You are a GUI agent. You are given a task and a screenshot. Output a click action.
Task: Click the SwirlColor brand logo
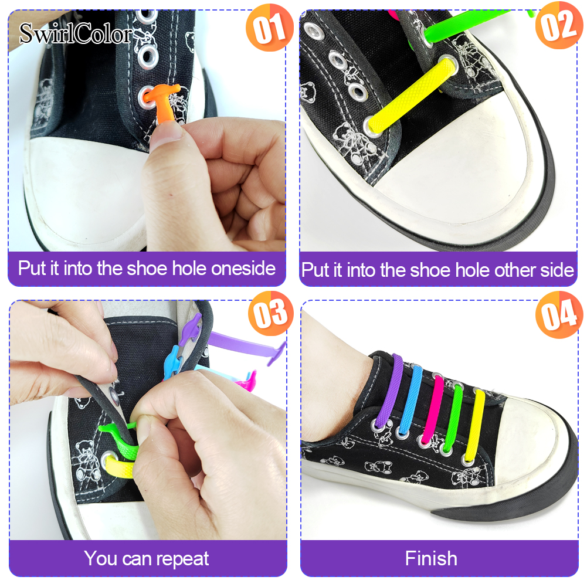tap(76, 33)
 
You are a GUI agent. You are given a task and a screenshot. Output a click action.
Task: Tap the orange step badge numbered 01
tap(269, 28)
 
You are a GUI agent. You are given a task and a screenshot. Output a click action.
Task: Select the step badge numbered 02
tap(559, 25)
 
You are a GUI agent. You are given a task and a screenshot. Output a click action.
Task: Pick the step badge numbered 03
tap(271, 313)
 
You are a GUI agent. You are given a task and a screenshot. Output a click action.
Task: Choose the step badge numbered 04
tap(559, 314)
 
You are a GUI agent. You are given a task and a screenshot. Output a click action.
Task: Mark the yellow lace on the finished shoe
tap(474, 425)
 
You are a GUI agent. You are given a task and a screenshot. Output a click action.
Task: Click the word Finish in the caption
tap(431, 558)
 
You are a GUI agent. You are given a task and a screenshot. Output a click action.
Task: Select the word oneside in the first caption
tap(243, 269)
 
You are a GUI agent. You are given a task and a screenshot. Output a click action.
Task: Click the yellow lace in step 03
tap(120, 467)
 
